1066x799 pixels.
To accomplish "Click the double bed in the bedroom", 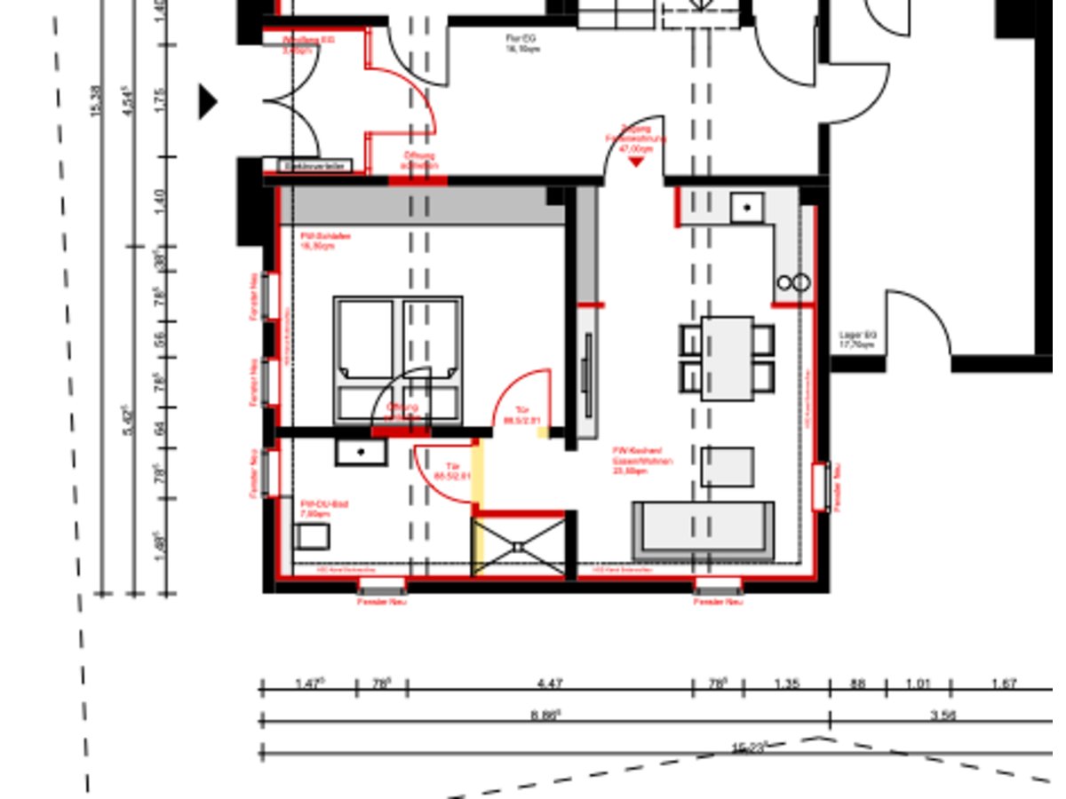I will click(398, 360).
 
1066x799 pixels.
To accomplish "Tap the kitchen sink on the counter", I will click(747, 208).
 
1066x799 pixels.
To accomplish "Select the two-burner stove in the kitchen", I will click(793, 283).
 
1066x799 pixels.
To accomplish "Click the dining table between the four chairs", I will click(727, 358).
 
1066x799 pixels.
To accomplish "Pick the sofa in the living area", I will click(703, 530).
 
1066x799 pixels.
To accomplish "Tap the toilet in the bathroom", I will click(312, 536).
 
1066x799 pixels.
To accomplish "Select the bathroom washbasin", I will click(361, 452).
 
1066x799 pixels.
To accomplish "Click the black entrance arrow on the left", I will click(208, 101).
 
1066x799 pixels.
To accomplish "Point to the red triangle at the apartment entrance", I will click(636, 162).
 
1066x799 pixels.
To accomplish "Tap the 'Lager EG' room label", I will click(857, 340).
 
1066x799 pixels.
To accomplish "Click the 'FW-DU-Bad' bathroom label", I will click(323, 508).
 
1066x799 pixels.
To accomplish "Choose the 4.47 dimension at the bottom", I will click(550, 684).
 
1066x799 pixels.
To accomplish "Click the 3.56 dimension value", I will click(943, 715).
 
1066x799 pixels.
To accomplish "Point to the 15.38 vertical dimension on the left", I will click(97, 101).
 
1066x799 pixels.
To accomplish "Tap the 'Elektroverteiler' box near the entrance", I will click(315, 166).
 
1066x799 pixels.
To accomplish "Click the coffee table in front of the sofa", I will click(728, 466).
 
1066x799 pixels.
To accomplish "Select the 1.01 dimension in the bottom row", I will click(918, 684).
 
